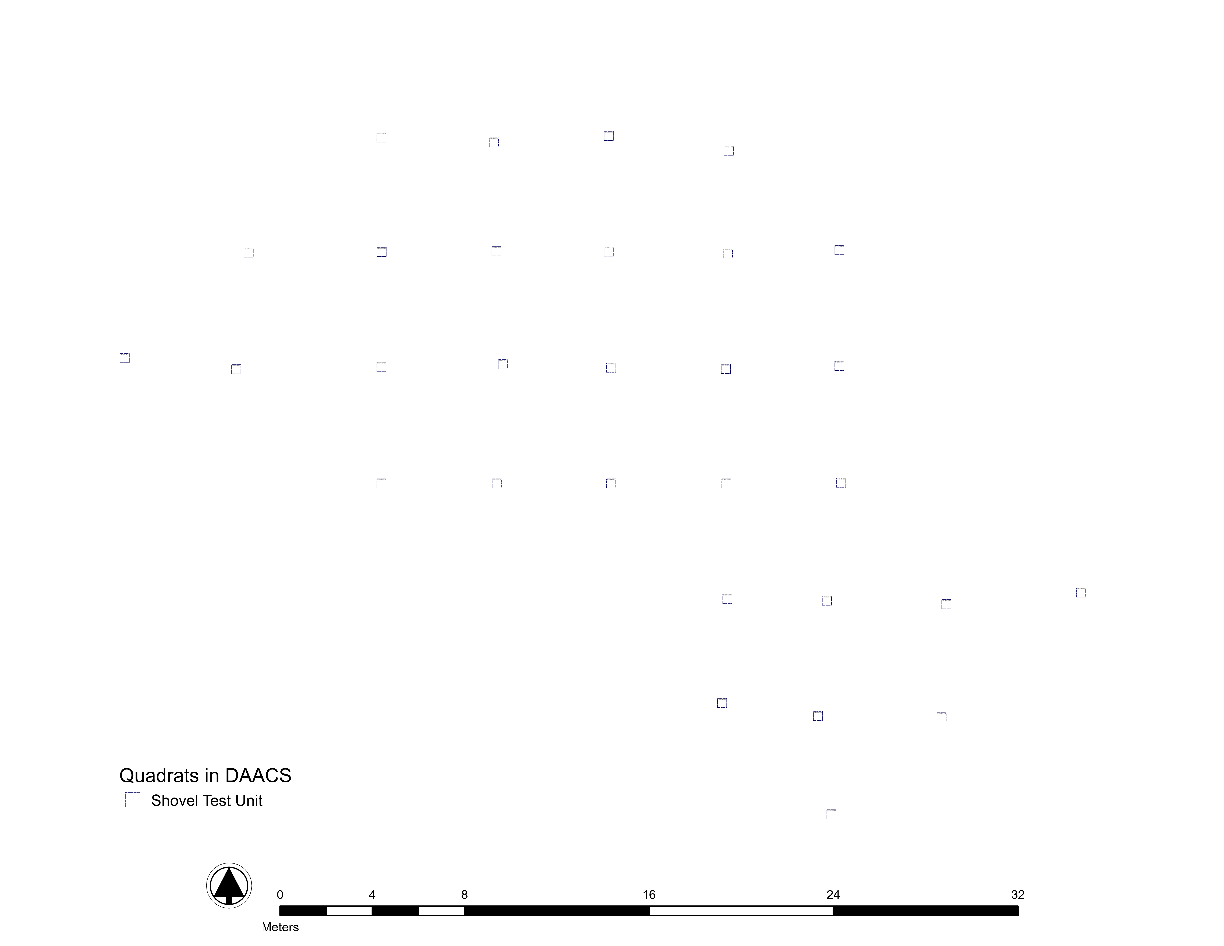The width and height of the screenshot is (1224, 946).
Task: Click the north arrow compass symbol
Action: coord(229,885)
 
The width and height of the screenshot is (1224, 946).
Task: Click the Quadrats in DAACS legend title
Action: coord(205,776)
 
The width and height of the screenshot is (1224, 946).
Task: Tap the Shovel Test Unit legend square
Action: coord(132,800)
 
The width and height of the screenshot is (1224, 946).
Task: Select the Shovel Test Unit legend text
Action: coord(207,800)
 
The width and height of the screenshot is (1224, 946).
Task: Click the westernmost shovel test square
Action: coord(124,358)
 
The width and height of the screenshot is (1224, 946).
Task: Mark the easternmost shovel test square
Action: coord(1081,592)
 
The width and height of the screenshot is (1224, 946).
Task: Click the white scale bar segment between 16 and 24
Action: coord(741,911)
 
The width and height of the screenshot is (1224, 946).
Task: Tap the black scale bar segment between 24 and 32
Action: coord(925,911)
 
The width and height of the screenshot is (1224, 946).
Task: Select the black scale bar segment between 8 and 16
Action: coord(557,911)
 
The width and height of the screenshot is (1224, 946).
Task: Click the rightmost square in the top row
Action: coord(729,151)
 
